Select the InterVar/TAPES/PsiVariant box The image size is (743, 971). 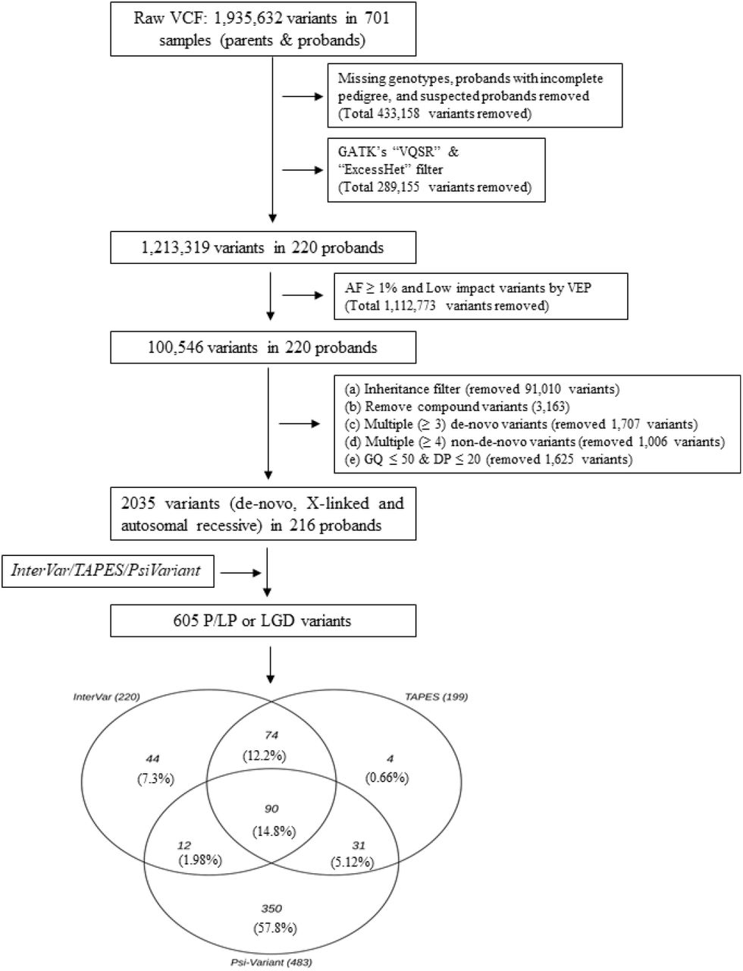108,571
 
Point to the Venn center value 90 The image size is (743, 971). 271,809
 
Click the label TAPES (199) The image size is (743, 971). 436,697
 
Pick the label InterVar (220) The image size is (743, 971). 106,696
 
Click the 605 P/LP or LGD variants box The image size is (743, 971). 263,621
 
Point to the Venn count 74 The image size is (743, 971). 271,735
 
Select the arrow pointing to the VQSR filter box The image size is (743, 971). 303,170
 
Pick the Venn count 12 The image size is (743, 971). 184,845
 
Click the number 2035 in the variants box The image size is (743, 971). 138,503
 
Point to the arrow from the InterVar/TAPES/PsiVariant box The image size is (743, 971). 240,573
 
